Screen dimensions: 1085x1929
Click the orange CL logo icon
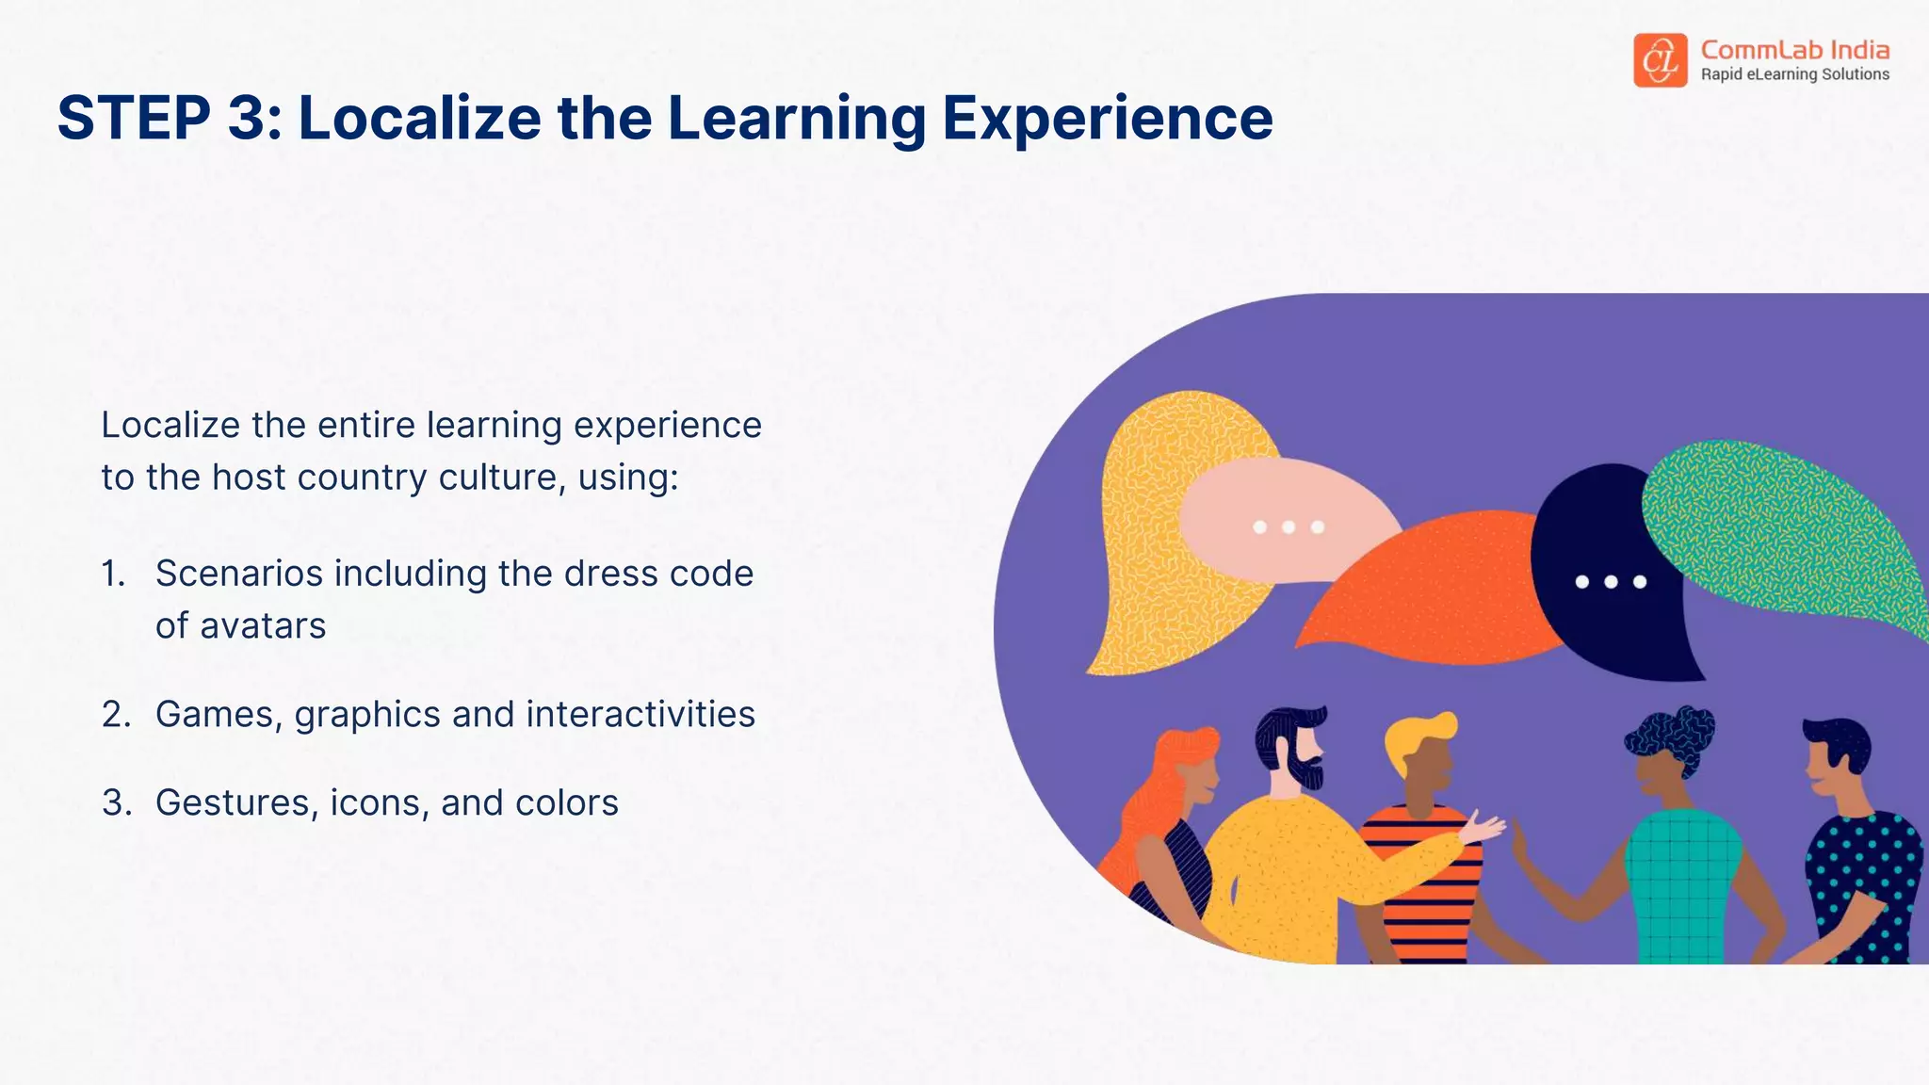click(1660, 60)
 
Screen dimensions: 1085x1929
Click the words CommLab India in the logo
click(1794, 49)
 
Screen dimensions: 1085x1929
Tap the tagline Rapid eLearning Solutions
click(1794, 74)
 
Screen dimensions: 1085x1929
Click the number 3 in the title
click(247, 119)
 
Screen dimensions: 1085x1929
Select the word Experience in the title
click(1108, 119)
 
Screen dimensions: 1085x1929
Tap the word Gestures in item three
click(233, 803)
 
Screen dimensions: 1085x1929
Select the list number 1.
click(113, 574)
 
